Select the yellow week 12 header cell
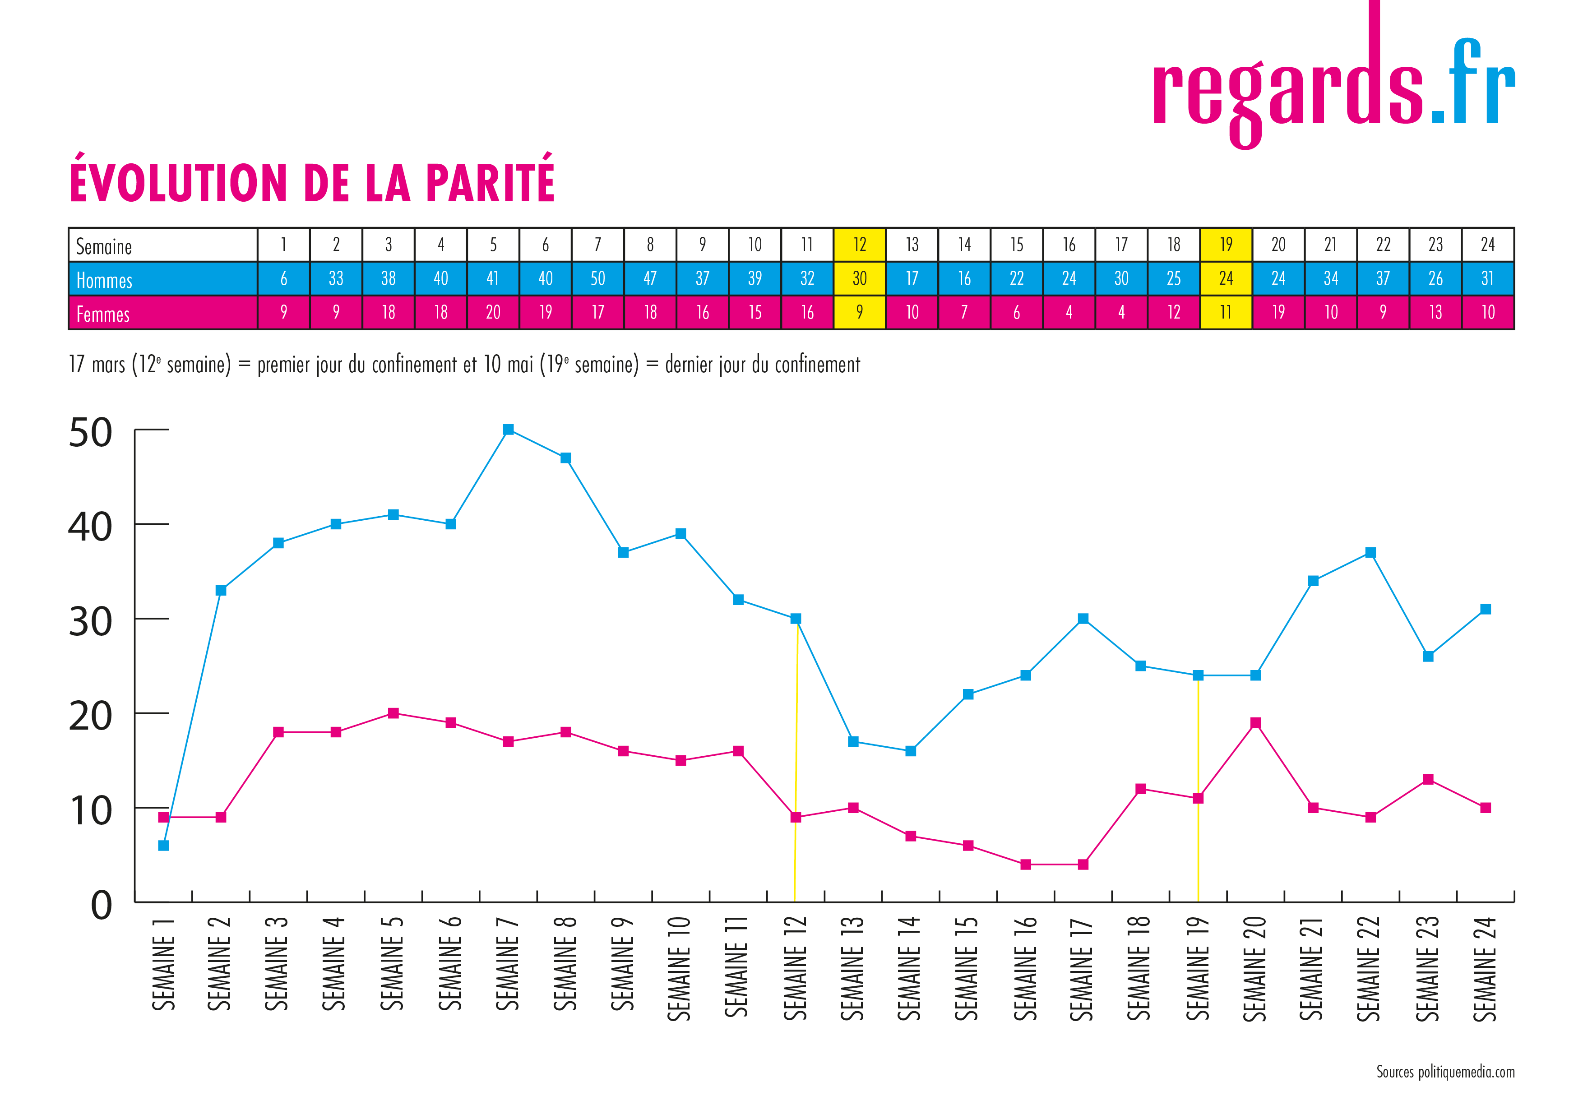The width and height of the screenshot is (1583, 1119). [x=859, y=245]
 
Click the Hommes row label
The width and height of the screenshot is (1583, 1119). [x=104, y=280]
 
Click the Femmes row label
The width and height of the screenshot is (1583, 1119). [x=103, y=314]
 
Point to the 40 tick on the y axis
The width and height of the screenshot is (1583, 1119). [x=90, y=527]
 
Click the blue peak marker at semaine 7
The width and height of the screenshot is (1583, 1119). [x=508, y=430]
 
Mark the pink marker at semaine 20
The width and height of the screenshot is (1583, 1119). [x=1255, y=722]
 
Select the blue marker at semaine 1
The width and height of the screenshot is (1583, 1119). [x=163, y=845]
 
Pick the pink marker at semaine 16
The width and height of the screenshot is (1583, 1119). [x=1025, y=864]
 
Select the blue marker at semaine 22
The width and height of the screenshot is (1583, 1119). [x=1370, y=552]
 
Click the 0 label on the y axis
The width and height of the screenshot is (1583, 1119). [x=102, y=905]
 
